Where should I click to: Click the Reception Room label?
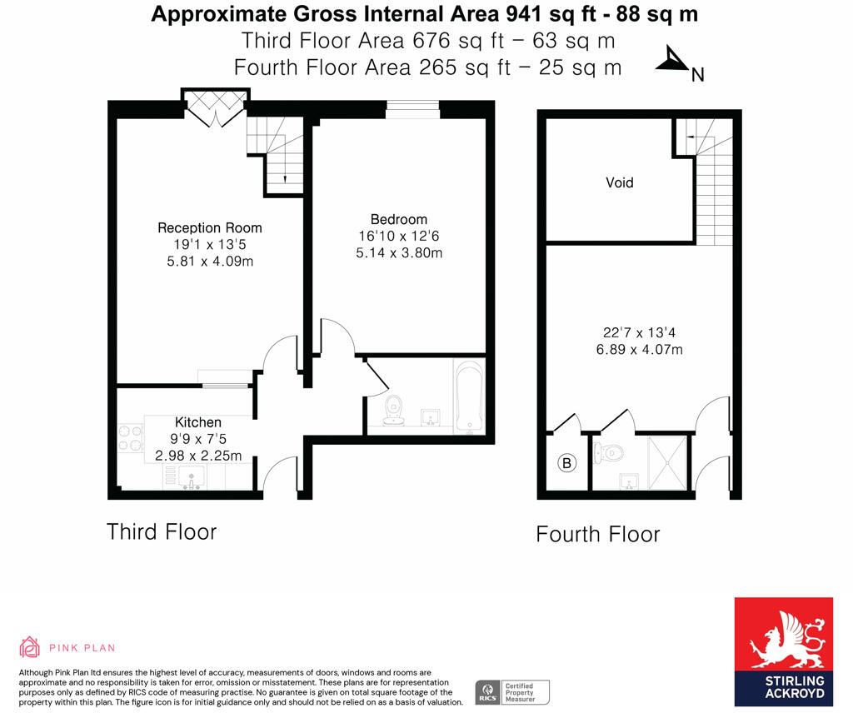tap(210, 227)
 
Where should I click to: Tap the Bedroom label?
tap(398, 219)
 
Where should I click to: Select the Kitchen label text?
tap(198, 422)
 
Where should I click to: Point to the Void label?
tap(619, 182)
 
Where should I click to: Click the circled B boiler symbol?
tap(567, 463)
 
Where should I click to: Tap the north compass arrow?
tap(671, 61)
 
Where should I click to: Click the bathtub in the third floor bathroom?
tap(468, 398)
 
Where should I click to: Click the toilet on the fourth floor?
tap(610, 454)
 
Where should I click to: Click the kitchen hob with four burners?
tap(131, 439)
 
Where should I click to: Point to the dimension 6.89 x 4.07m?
tap(639, 350)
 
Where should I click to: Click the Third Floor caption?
tap(162, 531)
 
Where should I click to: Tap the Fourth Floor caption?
tap(597, 534)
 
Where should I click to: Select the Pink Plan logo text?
tap(82, 647)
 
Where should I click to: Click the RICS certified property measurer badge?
tap(511, 691)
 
